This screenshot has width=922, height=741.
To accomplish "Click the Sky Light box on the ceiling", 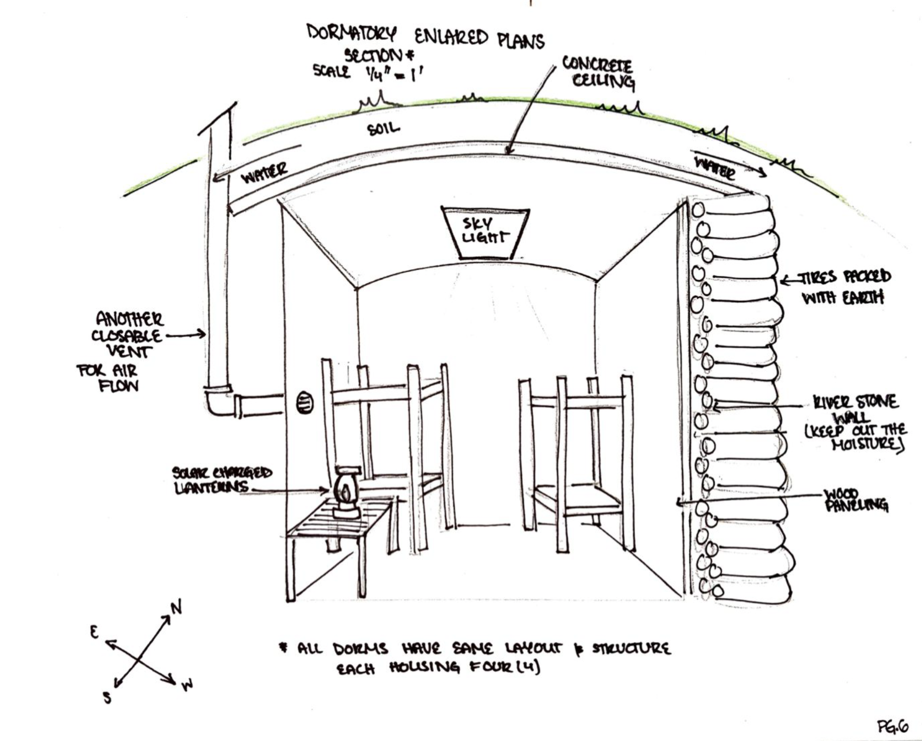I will [x=485, y=232].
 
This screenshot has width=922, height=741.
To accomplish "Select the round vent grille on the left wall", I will [x=305, y=402].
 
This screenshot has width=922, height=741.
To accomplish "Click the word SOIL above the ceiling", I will [x=383, y=128].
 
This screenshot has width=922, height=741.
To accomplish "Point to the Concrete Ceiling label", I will [x=598, y=72].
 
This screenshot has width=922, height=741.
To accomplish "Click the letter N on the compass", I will [x=176, y=607].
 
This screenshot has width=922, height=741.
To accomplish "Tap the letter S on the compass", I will [x=108, y=697].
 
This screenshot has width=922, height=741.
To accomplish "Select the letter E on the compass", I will [x=94, y=632].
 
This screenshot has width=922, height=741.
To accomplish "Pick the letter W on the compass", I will [x=187, y=685].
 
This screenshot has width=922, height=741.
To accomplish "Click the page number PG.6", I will [x=893, y=726].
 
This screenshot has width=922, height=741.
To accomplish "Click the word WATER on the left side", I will [x=264, y=172].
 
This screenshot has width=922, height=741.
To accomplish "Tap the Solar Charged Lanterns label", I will [x=222, y=480].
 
